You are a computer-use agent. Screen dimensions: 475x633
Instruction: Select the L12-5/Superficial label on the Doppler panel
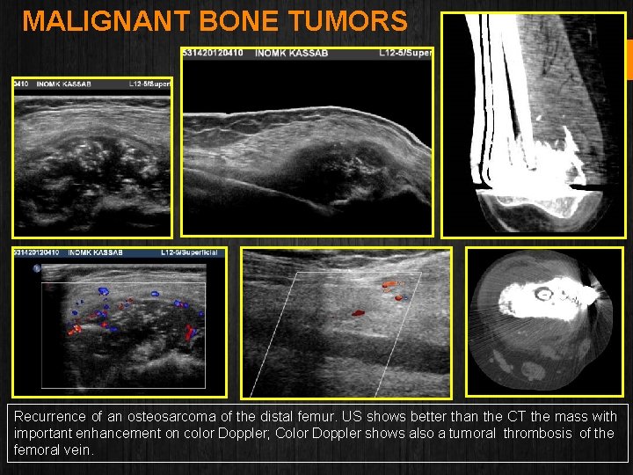193,253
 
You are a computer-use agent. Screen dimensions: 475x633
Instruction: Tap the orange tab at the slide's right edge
629,58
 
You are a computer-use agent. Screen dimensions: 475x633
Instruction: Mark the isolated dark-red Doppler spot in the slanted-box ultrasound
358,312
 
